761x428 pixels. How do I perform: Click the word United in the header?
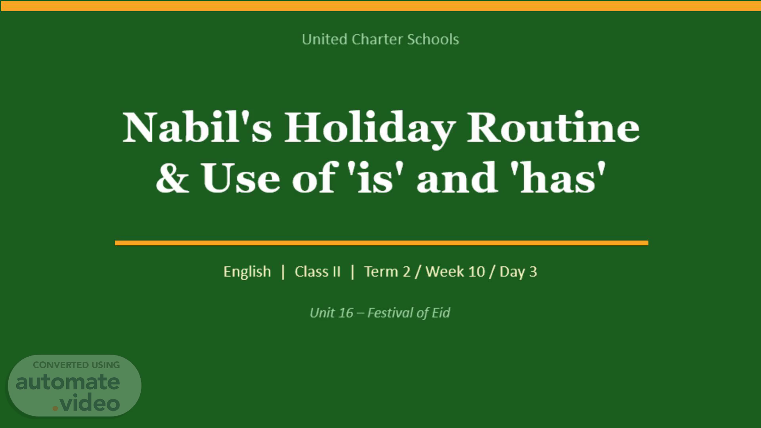coord(325,39)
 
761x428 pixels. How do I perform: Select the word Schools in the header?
coord(433,39)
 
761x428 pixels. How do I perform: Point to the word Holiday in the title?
coord(369,129)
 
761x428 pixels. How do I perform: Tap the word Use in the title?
coord(241,178)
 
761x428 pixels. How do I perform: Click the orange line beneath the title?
coord(382,243)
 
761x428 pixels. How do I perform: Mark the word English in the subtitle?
coord(247,272)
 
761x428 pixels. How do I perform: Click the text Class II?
coord(317,272)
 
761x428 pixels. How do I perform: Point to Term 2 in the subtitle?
coord(387,272)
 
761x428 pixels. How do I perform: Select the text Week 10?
coord(455,272)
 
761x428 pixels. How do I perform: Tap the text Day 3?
coord(518,272)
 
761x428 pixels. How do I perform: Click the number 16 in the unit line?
coord(346,313)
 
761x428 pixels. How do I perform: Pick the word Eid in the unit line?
coord(441,313)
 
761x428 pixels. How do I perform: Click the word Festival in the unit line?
coord(390,313)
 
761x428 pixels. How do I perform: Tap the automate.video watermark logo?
coord(75,386)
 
